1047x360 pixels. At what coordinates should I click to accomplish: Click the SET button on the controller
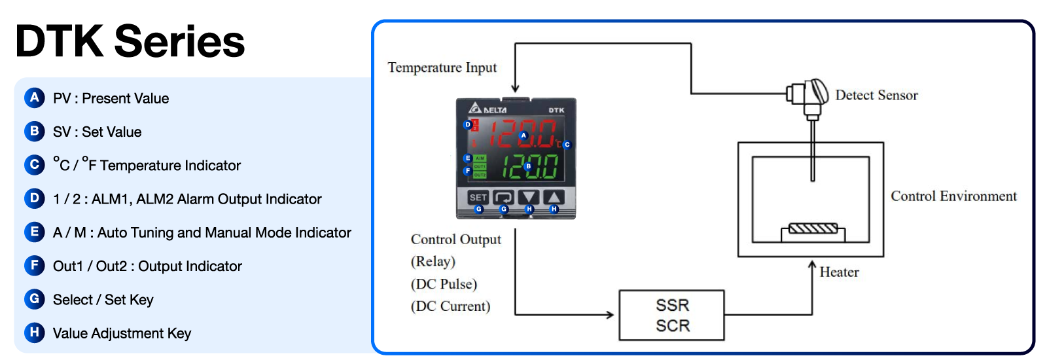478,197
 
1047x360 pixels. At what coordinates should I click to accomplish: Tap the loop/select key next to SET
503,197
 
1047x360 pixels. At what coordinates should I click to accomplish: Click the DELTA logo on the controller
488,109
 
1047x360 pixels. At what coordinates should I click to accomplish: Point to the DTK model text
556,110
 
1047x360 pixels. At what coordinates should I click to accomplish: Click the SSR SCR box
671,315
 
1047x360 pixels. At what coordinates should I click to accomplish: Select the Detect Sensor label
876,96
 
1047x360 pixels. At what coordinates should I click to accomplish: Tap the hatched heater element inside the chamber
813,228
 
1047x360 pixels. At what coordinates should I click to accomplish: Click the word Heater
839,272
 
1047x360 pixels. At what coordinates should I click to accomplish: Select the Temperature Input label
442,68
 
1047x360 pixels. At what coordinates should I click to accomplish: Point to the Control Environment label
953,196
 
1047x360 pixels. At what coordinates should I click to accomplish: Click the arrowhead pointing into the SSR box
610,315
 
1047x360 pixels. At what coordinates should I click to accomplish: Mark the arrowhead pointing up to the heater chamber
812,266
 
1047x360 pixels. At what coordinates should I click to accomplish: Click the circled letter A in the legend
34,98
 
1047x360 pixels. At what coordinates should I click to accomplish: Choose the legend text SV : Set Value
97,132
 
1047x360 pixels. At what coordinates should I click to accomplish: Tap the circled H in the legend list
34,333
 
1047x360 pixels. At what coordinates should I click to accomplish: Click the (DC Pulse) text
444,284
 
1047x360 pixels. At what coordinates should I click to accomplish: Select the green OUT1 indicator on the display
480,167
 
